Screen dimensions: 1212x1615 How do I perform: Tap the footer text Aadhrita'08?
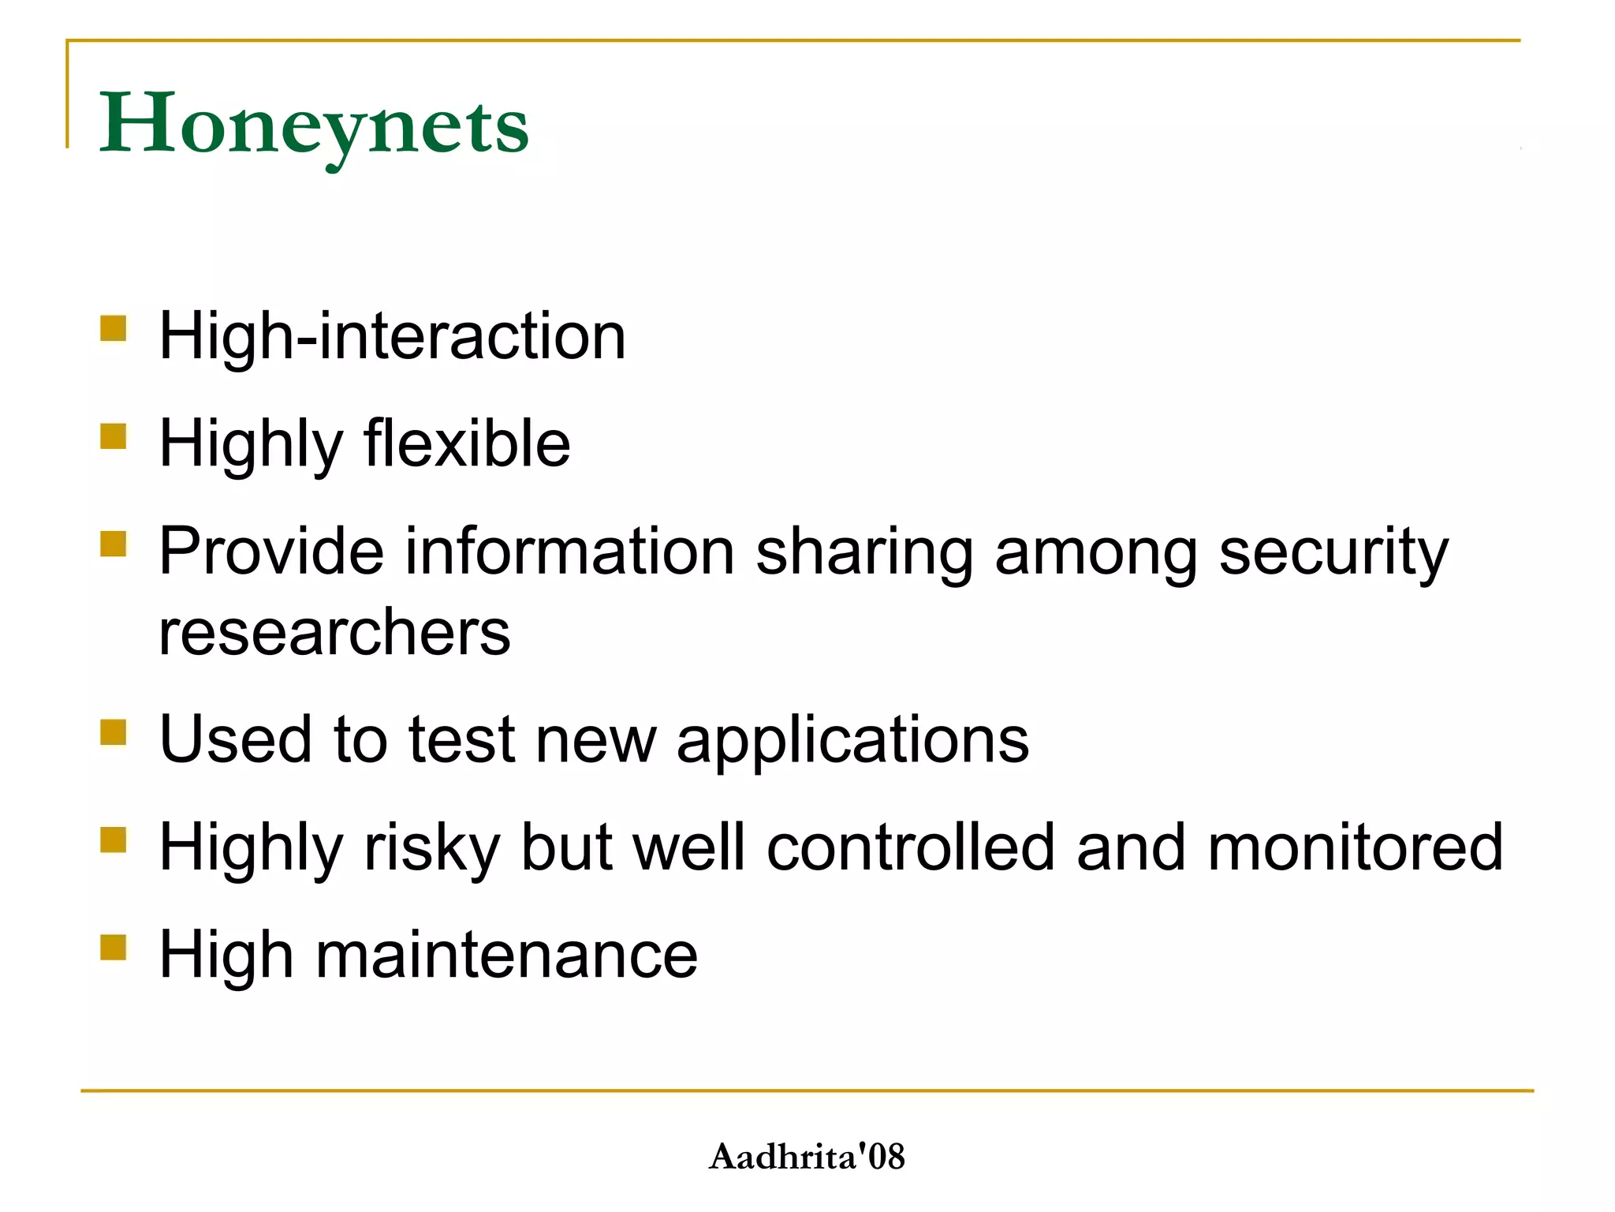807,1157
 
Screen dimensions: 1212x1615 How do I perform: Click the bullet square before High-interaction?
114,328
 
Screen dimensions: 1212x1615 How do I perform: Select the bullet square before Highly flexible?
114,436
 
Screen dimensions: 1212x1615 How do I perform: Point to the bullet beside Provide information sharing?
114,544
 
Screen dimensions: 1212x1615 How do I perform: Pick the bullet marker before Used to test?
114,731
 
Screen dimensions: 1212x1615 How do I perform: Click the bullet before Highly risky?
114,840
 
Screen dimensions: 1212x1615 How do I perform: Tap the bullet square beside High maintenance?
114,947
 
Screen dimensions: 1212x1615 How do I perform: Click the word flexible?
467,443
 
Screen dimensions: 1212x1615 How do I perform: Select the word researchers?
335,633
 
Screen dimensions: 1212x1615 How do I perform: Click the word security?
1333,552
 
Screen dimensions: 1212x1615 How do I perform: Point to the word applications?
852,740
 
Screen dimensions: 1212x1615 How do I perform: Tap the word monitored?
1355,847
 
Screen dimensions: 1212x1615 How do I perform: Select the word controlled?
910,847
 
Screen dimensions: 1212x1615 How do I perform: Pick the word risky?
431,847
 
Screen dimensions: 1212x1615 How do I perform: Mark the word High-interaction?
393,336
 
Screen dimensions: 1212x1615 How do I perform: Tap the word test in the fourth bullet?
461,740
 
